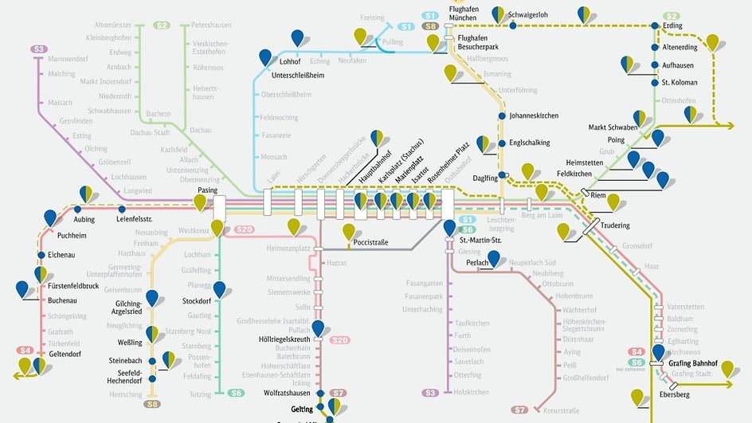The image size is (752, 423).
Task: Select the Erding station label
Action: [x=673, y=25]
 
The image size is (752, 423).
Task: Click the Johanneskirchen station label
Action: [x=534, y=116]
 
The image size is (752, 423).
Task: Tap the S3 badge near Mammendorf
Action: [x=39, y=49]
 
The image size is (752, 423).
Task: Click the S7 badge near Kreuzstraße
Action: [x=519, y=409]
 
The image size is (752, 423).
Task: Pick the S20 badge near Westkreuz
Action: [x=245, y=229]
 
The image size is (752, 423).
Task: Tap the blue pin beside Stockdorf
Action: [x=219, y=288]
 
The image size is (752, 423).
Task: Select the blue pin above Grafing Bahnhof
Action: [x=659, y=352]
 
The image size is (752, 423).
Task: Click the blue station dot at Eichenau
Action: [x=41, y=255]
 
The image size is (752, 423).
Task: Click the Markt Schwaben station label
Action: [x=613, y=127]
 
